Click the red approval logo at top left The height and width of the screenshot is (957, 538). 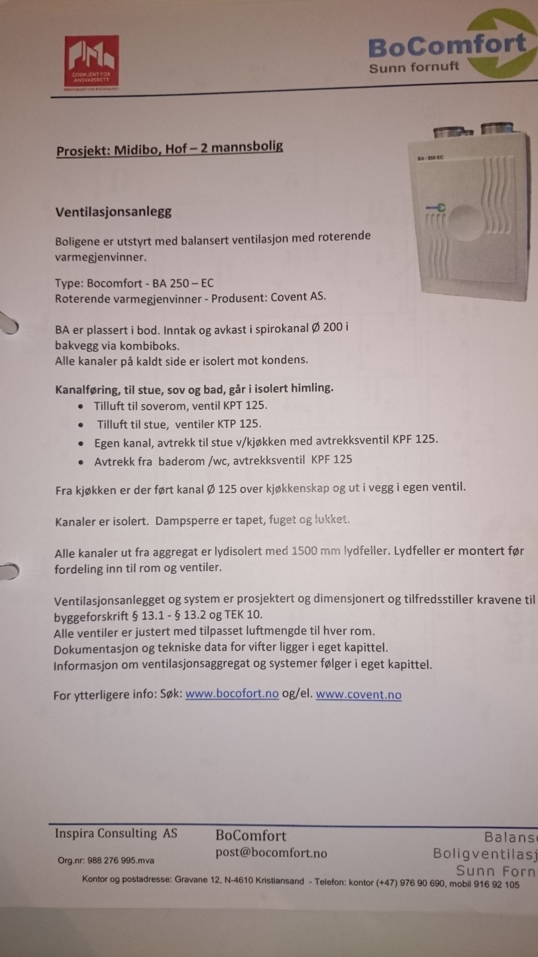click(92, 63)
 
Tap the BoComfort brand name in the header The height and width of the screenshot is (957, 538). click(447, 46)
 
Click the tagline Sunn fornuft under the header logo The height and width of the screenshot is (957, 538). click(413, 67)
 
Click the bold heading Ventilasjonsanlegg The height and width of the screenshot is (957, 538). click(113, 212)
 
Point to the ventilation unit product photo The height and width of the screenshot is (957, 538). click(475, 211)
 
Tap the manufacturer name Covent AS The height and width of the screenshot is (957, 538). click(298, 297)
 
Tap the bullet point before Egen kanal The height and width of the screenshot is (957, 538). click(82, 443)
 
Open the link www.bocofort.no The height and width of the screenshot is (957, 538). click(232, 694)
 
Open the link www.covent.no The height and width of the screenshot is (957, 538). click(359, 695)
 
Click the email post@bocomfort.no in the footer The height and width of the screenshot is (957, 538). click(271, 853)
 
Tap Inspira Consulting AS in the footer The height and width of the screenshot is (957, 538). click(116, 834)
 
